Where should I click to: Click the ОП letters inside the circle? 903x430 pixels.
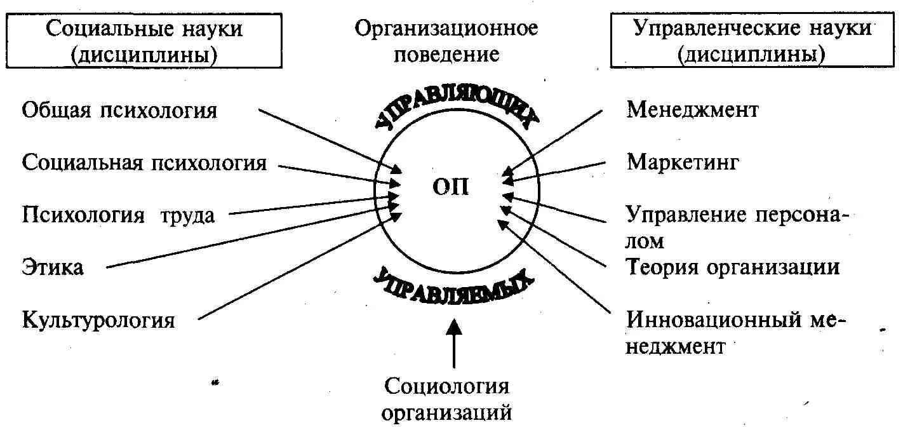pos(451,187)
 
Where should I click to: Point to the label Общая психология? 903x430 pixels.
pos(119,111)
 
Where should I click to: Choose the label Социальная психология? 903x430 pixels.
pos(144,163)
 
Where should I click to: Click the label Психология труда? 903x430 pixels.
pos(119,215)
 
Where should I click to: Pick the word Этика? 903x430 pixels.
pos(53,267)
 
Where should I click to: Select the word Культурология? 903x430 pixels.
pos(98,319)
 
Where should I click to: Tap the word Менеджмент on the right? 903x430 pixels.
pos(692,111)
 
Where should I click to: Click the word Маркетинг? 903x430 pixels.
pos(683,163)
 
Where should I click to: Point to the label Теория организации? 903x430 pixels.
pos(733,267)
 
